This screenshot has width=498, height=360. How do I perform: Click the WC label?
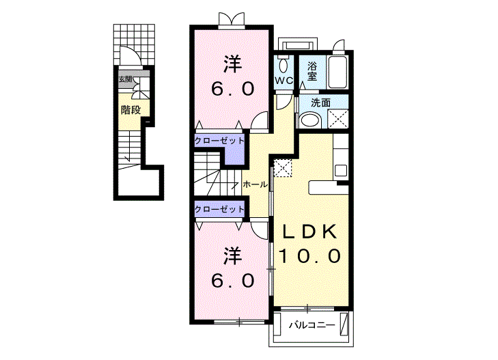tap(284, 81)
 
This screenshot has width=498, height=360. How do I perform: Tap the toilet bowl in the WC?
tap(283, 66)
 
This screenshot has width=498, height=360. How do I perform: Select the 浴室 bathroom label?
tap(312, 72)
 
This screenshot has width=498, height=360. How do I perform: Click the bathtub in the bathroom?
tap(338, 72)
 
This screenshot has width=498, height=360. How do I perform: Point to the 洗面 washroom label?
tap(320, 102)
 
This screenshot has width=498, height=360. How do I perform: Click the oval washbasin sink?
tap(311, 120)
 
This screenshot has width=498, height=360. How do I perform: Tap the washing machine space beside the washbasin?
tap(338, 118)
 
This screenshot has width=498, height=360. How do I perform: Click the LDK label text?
tap(309, 232)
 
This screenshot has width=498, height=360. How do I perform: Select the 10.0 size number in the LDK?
tap(309, 256)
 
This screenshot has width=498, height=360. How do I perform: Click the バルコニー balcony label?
tap(312, 325)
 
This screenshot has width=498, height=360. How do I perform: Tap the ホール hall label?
tap(255, 184)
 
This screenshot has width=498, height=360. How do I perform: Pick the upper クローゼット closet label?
tap(219, 141)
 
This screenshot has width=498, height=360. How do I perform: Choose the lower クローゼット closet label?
tap(219, 209)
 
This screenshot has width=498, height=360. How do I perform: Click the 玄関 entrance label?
tap(126, 79)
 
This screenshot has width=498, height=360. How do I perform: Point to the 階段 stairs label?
tap(131, 110)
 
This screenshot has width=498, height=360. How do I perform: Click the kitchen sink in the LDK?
tap(341, 171)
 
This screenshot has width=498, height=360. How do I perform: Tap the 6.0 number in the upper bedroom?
tap(233, 89)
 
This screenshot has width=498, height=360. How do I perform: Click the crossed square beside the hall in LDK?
tap(282, 167)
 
